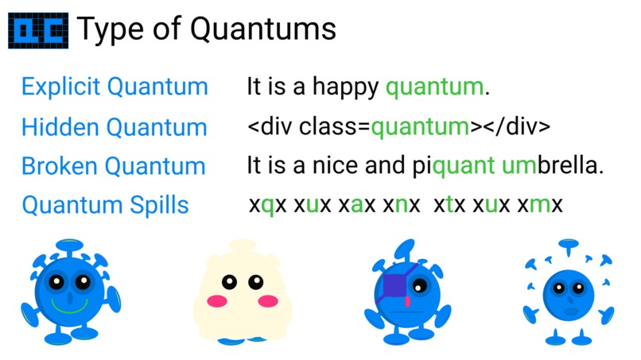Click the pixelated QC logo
coord(38,30)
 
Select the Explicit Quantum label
coord(115,87)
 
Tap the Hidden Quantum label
coord(114,127)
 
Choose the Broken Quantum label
coord(113,167)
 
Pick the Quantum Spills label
coord(105,205)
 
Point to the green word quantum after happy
coord(434,87)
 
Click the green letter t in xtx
coord(450,205)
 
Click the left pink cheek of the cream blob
coord(216,301)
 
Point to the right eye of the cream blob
coord(255,281)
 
